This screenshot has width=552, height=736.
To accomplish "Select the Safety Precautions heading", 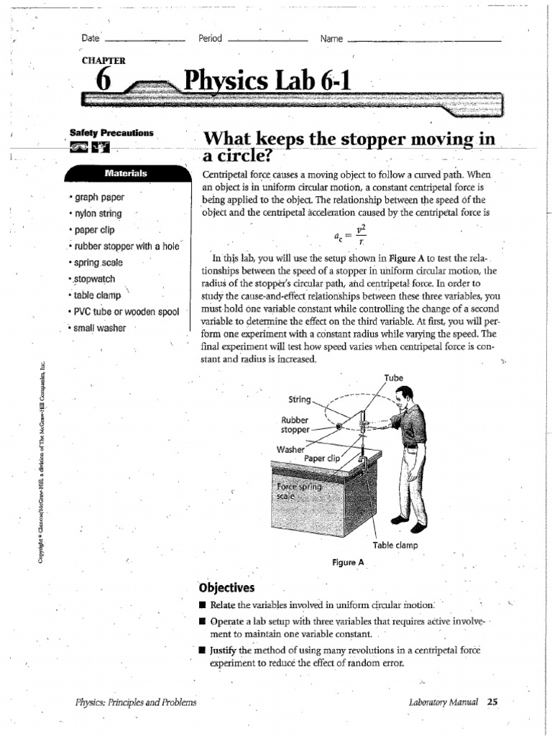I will [111, 133].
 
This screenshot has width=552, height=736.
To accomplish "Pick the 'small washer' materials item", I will [98, 328].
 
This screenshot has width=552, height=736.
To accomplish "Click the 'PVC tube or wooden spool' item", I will [125, 311].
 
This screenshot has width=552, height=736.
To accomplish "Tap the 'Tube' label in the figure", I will [394, 377].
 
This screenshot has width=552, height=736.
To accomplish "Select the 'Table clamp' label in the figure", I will [395, 546].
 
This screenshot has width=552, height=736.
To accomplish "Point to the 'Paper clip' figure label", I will [321, 457].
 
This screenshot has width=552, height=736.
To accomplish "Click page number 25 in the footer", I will [492, 701].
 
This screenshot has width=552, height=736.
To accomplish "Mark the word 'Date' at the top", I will [91, 38].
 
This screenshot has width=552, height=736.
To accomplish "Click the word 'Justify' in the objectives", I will [224, 650].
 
